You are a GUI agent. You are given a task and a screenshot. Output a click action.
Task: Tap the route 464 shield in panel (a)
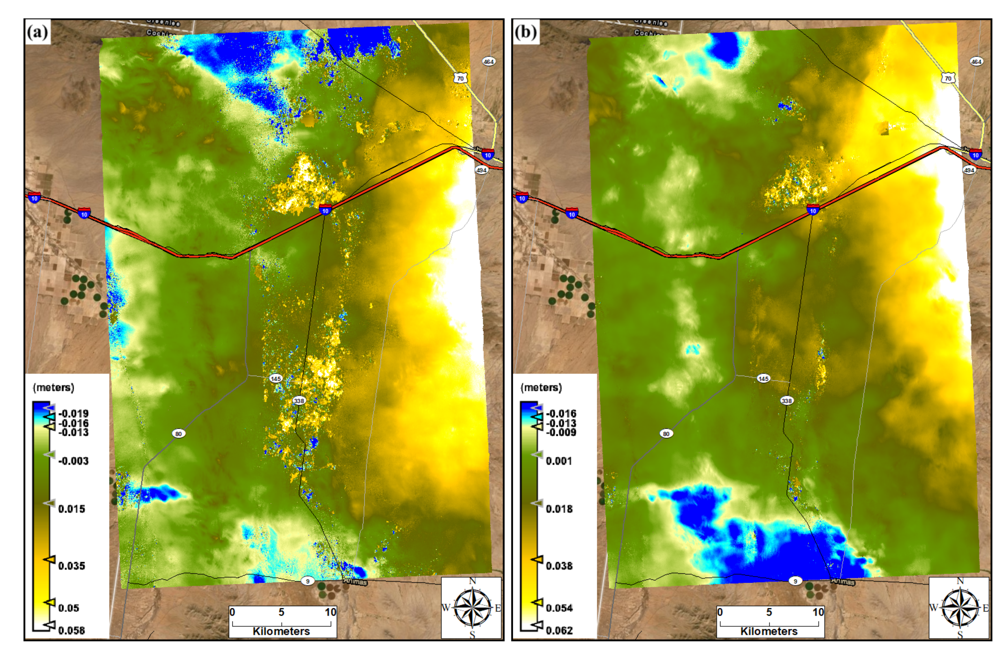coord(488,62)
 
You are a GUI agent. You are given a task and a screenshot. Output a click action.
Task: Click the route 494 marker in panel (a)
coord(481,170)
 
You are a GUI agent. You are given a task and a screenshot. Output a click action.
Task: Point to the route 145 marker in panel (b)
coord(763,379)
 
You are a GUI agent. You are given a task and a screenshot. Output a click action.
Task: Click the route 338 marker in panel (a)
coord(299,401)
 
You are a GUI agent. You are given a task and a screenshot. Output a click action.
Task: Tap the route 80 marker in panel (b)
coord(666,433)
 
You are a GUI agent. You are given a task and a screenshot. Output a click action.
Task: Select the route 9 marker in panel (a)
coord(308,581)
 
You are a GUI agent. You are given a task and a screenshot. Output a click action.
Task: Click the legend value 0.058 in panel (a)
coord(71,631)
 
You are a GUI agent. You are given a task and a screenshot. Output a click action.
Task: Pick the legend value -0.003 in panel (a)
coord(73,461)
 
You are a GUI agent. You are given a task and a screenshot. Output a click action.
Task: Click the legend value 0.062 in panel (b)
coord(559,631)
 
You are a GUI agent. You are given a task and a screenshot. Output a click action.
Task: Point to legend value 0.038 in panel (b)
coord(559,565)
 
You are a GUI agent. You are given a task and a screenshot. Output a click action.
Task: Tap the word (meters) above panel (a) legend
coord(53,388)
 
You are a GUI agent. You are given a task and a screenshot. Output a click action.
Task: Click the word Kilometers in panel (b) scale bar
coord(769,631)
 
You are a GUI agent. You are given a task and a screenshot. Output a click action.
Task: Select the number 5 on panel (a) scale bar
coord(281,612)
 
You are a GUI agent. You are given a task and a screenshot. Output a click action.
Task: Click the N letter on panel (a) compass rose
coord(473,581)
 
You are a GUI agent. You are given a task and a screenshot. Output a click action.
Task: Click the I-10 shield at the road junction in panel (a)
coord(325,210)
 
